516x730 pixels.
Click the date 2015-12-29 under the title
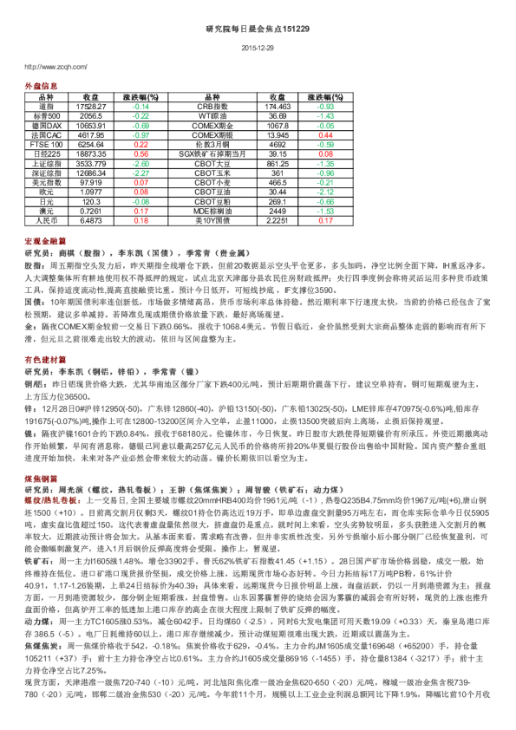coord(258,48)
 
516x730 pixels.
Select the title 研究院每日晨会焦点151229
coord(258,29)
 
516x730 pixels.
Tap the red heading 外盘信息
coord(41,87)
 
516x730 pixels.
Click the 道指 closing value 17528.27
coord(90,106)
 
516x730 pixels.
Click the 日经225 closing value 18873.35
coord(90,153)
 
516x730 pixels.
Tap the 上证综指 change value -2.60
coord(140,163)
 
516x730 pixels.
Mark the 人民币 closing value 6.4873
coord(90,220)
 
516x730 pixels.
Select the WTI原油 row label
coord(212,115)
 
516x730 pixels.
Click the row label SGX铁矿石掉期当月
coord(212,153)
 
